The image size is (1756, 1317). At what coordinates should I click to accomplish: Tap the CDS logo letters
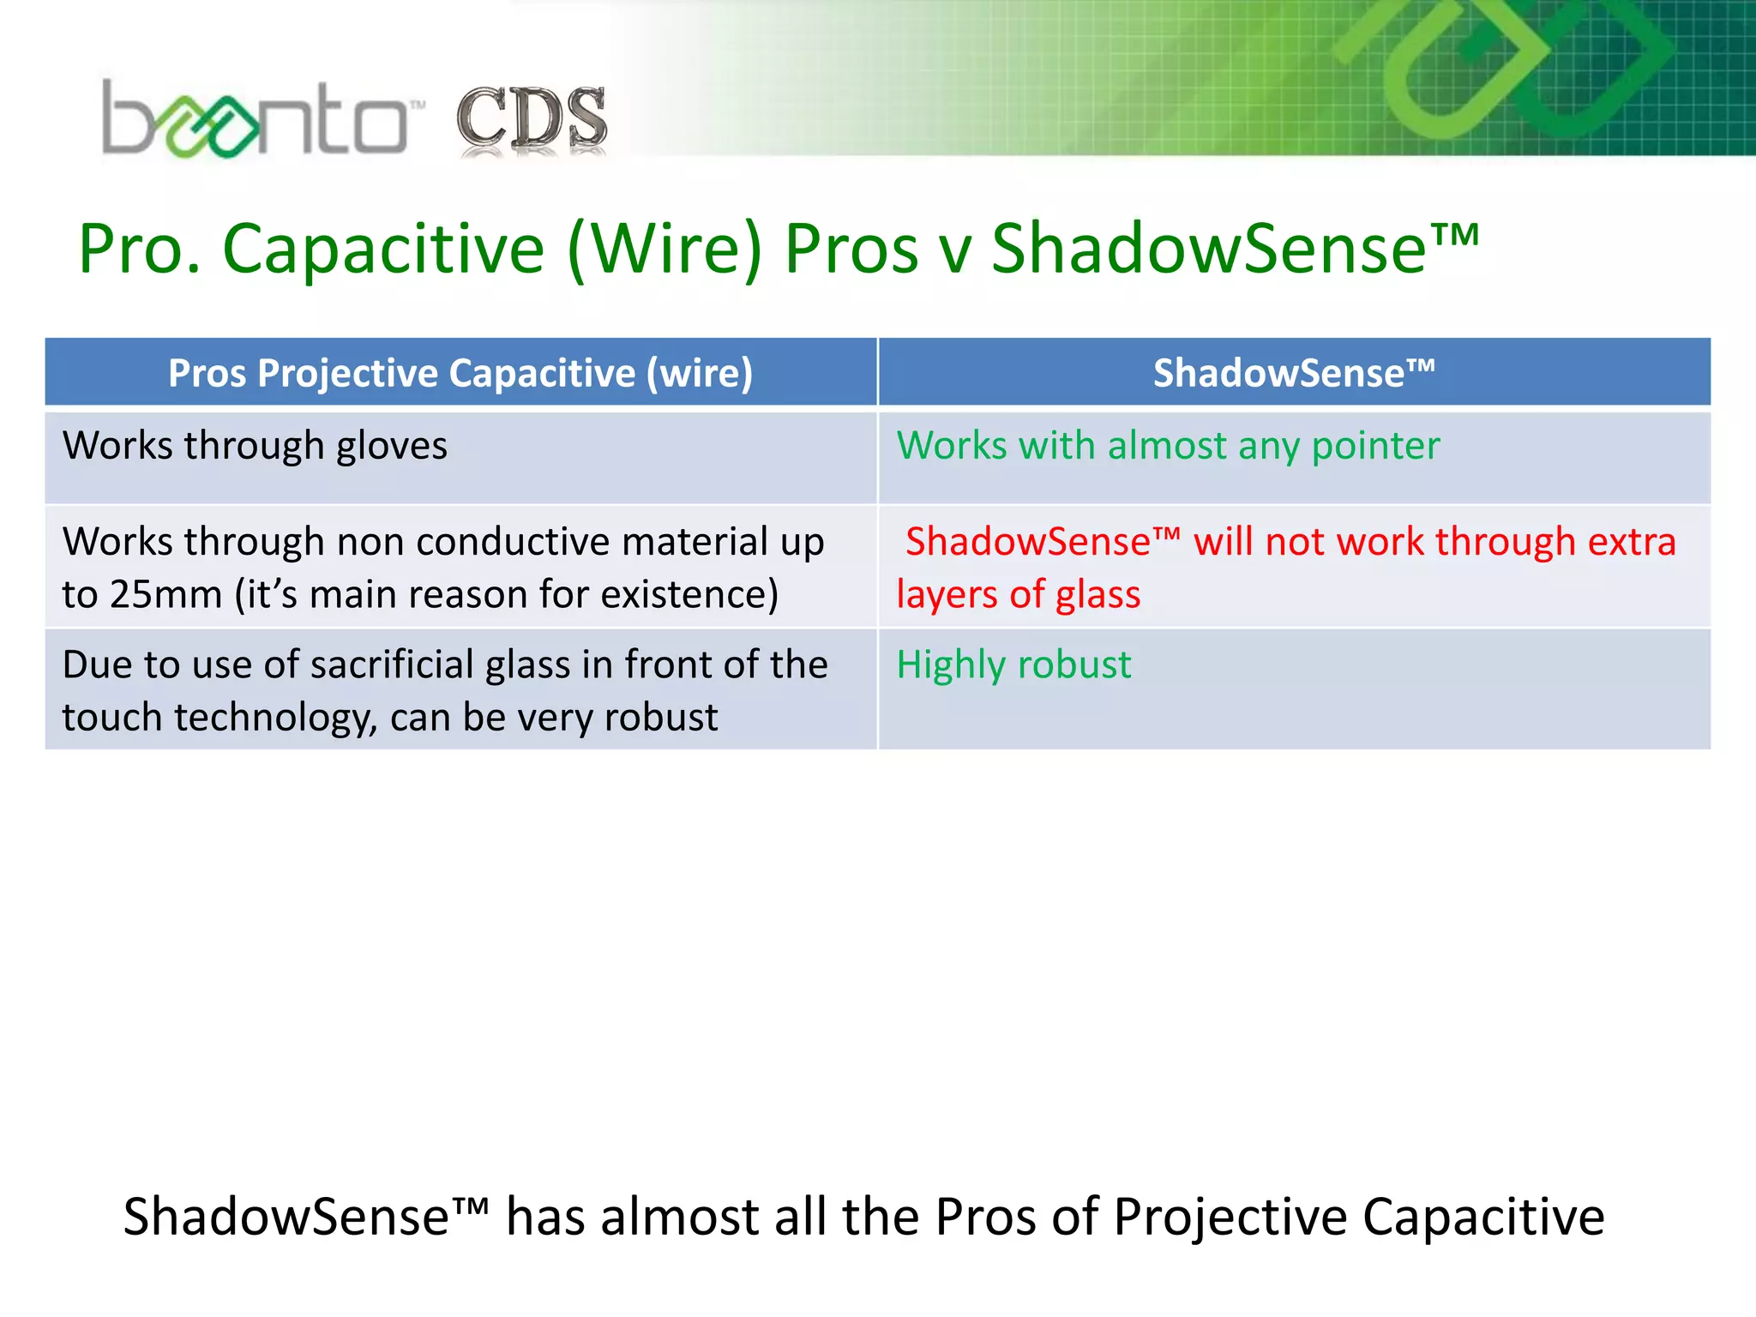click(x=532, y=120)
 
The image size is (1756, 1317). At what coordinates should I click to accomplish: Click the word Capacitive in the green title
click(x=383, y=250)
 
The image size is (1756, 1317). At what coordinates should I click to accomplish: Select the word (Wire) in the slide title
click(x=665, y=250)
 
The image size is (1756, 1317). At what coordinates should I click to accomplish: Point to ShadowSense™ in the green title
click(x=1235, y=250)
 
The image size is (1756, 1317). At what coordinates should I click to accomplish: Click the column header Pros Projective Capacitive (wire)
click(x=460, y=373)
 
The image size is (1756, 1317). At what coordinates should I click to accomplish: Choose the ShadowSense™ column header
click(x=1293, y=373)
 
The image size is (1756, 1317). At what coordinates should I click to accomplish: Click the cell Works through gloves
click(x=255, y=446)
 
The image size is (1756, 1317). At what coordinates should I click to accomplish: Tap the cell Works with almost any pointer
click(x=1168, y=446)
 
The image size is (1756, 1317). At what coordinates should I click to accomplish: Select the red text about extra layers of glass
click(x=1286, y=567)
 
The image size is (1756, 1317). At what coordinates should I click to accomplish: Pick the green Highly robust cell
click(x=1013, y=665)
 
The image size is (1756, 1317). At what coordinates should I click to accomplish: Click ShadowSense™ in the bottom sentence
click(x=305, y=1216)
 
